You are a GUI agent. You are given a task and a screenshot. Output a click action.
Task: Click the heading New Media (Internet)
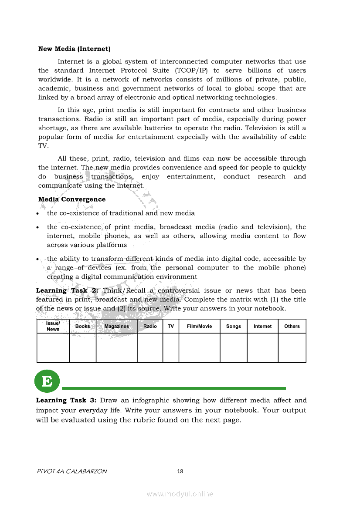[74, 49]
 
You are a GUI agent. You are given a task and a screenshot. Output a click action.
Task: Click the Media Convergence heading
[72, 199]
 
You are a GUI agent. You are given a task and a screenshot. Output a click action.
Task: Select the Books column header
[83, 326]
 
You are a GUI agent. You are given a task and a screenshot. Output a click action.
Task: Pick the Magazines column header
[116, 326]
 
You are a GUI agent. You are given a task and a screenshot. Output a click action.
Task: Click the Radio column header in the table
[150, 326]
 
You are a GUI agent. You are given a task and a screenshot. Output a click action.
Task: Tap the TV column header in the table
[171, 326]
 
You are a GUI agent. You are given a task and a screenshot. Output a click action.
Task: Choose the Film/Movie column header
[199, 326]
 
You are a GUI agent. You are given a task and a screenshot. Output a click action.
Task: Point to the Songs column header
[234, 326]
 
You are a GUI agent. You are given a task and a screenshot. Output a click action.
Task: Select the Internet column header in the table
[262, 326]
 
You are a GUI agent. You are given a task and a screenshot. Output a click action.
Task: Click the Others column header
[292, 326]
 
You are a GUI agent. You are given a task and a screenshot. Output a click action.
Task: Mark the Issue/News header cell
[53, 326]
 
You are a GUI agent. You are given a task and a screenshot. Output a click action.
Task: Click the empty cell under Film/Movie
[199, 347]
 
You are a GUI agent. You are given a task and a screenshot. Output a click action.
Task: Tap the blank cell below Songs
[234, 347]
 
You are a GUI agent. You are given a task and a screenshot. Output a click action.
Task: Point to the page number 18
[180, 471]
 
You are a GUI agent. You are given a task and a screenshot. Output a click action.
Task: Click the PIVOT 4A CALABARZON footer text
[72, 471]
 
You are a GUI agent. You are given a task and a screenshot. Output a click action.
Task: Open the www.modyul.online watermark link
[180, 494]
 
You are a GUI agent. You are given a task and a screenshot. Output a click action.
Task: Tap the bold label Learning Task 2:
[68, 290]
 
